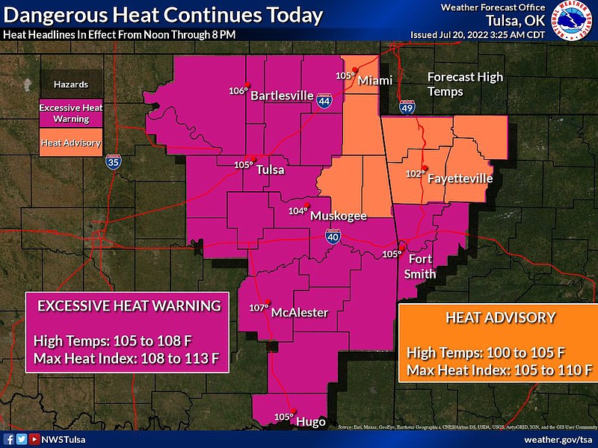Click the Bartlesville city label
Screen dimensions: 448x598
[x=281, y=96]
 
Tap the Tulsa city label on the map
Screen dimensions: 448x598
[x=270, y=169]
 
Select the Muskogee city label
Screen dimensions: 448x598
[x=338, y=216]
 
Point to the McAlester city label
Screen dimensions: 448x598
[x=299, y=312]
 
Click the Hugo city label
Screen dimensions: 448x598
[x=311, y=422]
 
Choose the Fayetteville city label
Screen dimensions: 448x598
[x=460, y=179]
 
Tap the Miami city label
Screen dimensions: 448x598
[x=374, y=81]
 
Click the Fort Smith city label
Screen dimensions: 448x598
[x=419, y=267]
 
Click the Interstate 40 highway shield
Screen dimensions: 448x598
[x=333, y=237]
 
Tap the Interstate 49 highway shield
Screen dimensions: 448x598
[x=407, y=110]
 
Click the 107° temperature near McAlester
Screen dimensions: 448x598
[x=258, y=308]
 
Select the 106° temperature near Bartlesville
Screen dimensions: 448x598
[x=238, y=91]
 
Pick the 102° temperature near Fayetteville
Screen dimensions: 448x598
[x=415, y=174]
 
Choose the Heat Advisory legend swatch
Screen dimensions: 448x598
[x=71, y=142]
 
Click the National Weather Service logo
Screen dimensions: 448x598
[x=575, y=22]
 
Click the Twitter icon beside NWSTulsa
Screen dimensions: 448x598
[x=22, y=440]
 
